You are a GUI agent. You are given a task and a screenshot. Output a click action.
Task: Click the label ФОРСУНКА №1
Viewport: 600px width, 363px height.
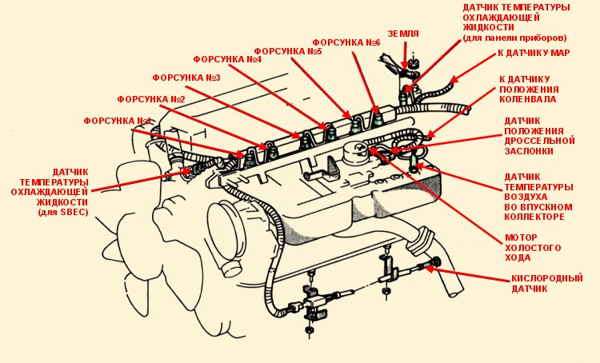117,121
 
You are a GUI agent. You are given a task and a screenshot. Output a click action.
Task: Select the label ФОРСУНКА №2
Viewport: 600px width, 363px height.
151,99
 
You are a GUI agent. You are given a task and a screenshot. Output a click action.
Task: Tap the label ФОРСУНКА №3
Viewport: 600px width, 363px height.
186,78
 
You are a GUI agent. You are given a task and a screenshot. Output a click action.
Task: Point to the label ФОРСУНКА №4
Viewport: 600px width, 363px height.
228,59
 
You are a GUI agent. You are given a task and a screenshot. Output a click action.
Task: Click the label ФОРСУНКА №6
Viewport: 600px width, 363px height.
346,42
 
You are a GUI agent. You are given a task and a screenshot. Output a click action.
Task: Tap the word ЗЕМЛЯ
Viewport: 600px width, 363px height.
403,34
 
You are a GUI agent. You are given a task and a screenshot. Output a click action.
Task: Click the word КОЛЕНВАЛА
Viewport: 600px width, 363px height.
528,100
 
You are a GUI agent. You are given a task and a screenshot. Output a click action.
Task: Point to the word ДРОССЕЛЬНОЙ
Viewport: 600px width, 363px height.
540,140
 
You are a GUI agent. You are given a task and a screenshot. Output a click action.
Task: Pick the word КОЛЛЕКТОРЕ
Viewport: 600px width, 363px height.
536,217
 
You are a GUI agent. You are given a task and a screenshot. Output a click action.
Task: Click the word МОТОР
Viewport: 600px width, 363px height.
521,237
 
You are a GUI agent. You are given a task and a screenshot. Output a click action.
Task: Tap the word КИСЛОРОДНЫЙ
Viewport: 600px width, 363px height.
547,278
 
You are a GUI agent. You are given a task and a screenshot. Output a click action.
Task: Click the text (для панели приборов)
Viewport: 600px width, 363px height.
514,38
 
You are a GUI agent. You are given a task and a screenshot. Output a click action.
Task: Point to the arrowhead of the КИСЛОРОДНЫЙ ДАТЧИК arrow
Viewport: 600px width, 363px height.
428,267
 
